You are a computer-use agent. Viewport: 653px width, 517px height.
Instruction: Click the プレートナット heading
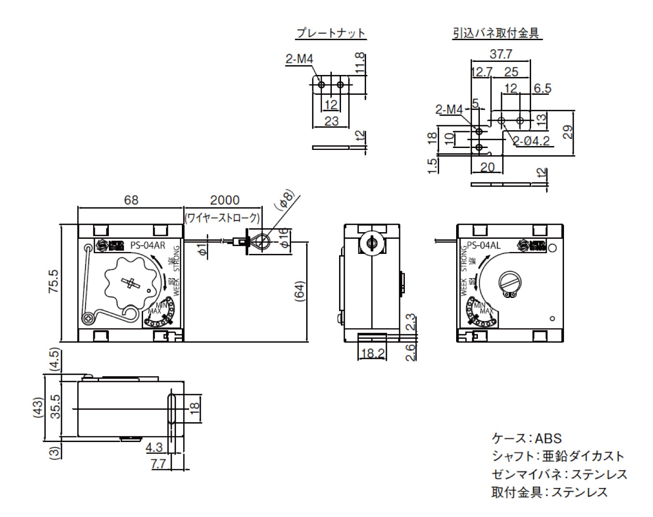(x=331, y=33)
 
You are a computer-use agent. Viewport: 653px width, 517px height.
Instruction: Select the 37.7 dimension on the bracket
(x=501, y=54)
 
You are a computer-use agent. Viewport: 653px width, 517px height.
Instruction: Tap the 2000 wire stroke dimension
(x=224, y=200)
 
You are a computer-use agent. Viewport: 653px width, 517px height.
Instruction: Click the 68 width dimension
(x=131, y=200)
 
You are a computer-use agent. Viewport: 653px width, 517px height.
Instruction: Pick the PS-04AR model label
(x=148, y=245)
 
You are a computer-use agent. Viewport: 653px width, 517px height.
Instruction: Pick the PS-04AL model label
(x=483, y=245)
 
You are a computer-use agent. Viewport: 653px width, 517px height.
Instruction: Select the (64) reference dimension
(x=299, y=292)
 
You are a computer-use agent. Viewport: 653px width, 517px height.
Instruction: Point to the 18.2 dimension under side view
(x=372, y=353)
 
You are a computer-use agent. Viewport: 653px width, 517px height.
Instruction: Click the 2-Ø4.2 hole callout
(x=531, y=141)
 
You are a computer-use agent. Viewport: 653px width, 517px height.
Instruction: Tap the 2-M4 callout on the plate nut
(x=299, y=59)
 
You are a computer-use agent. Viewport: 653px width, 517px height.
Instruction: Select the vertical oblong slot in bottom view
(x=171, y=409)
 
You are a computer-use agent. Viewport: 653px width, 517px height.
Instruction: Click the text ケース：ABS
(x=526, y=438)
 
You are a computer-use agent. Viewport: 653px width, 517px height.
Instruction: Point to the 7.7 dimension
(x=158, y=463)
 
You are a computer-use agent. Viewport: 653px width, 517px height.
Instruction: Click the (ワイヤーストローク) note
(x=223, y=218)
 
